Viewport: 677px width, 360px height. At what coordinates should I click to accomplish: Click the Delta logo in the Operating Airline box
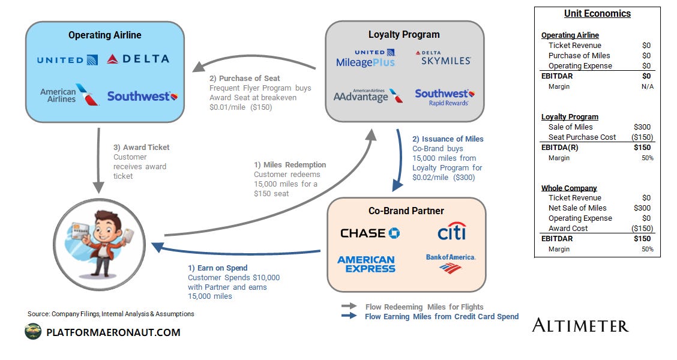137,59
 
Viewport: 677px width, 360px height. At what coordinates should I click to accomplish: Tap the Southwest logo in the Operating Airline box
142,96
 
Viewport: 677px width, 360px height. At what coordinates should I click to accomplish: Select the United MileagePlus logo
366,58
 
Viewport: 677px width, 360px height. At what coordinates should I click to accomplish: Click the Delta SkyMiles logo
444,58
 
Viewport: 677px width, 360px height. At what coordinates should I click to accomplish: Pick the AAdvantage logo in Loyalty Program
368,96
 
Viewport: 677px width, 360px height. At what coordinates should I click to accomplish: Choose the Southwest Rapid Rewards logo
444,97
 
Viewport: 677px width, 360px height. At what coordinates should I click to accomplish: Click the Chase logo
370,233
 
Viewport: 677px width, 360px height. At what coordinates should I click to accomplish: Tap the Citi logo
451,232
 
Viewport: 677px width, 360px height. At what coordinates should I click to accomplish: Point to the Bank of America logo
450,263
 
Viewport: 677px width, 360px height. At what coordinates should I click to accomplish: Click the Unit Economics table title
597,14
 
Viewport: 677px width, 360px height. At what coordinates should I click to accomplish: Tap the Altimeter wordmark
580,326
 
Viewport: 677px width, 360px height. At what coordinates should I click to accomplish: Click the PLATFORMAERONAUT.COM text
113,332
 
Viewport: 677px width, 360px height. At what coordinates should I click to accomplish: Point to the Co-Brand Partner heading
406,211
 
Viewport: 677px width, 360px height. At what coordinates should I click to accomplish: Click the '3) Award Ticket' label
141,147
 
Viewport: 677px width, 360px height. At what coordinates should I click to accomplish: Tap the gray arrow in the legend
349,307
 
